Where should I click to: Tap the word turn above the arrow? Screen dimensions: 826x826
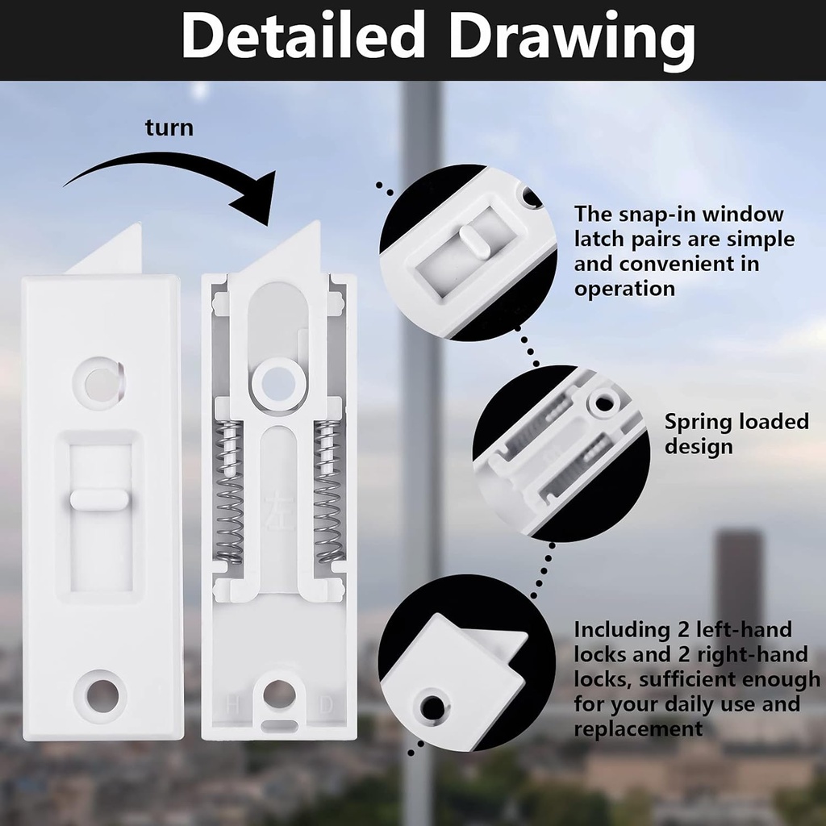coord(169,127)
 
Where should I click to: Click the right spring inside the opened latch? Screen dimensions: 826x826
coord(328,492)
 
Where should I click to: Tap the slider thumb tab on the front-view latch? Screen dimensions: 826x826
coord(99,499)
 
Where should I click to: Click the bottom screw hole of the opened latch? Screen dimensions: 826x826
coord(279,694)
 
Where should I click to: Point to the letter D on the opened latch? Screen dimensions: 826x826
coord(327,704)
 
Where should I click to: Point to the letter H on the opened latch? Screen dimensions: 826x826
coord(233,704)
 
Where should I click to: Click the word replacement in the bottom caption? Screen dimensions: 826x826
coord(638,729)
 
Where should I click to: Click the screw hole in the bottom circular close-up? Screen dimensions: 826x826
coord(432,707)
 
